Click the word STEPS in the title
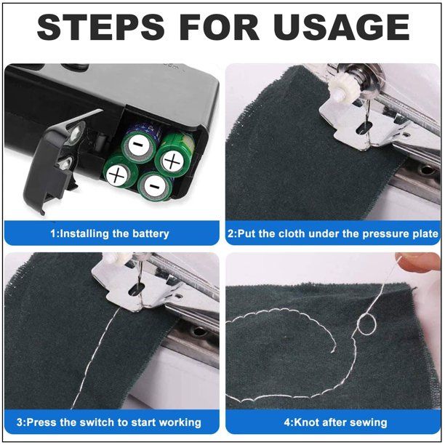point(101,28)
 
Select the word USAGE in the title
point(341,28)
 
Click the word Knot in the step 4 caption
point(306,422)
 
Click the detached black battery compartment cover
point(51,164)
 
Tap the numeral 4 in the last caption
point(287,422)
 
